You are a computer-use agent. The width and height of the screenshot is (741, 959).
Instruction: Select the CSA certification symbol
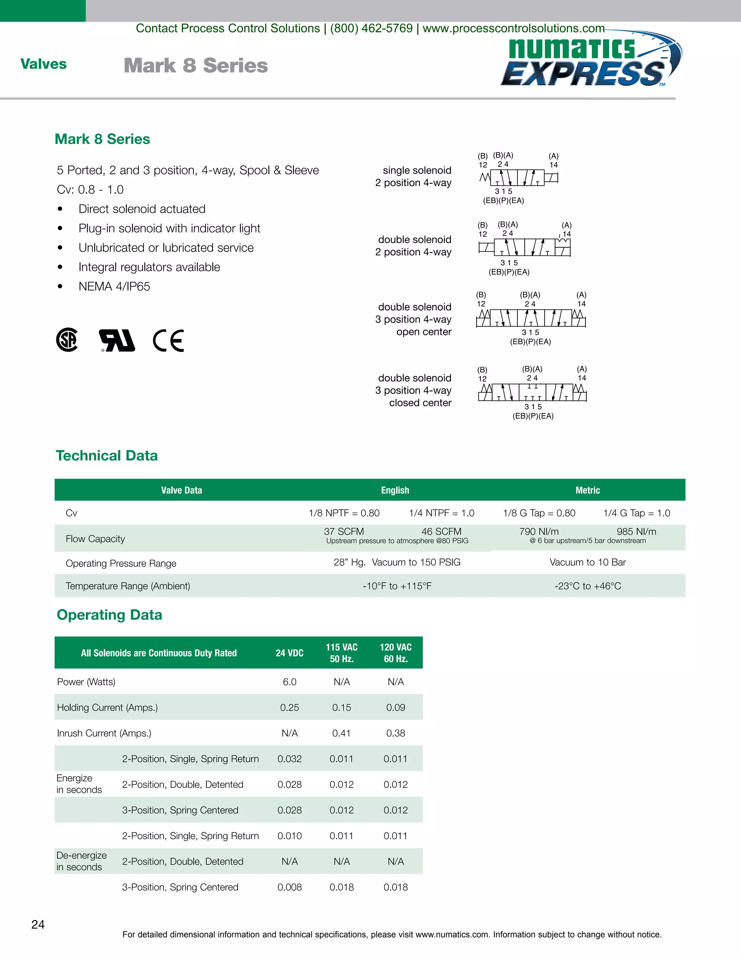[67, 339]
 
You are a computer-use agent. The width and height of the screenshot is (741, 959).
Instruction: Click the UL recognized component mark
[117, 340]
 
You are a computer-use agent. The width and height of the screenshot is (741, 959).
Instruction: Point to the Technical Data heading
[107, 455]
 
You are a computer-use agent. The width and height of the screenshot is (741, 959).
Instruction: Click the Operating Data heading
[109, 615]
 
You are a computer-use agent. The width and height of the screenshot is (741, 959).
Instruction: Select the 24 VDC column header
[289, 653]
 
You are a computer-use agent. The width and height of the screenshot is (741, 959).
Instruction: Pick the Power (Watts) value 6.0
[289, 682]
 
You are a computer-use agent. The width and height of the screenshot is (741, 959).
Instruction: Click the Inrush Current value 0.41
[341, 733]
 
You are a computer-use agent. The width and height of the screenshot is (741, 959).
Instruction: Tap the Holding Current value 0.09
[395, 707]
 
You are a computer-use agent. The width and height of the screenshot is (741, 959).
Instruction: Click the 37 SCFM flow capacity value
[344, 531]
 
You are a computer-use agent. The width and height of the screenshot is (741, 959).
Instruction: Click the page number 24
[38, 924]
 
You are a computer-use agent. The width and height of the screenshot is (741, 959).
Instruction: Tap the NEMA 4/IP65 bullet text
[114, 286]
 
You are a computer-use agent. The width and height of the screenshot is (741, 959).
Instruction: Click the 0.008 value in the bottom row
[289, 887]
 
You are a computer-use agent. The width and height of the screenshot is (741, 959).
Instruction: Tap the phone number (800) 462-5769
[371, 28]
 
